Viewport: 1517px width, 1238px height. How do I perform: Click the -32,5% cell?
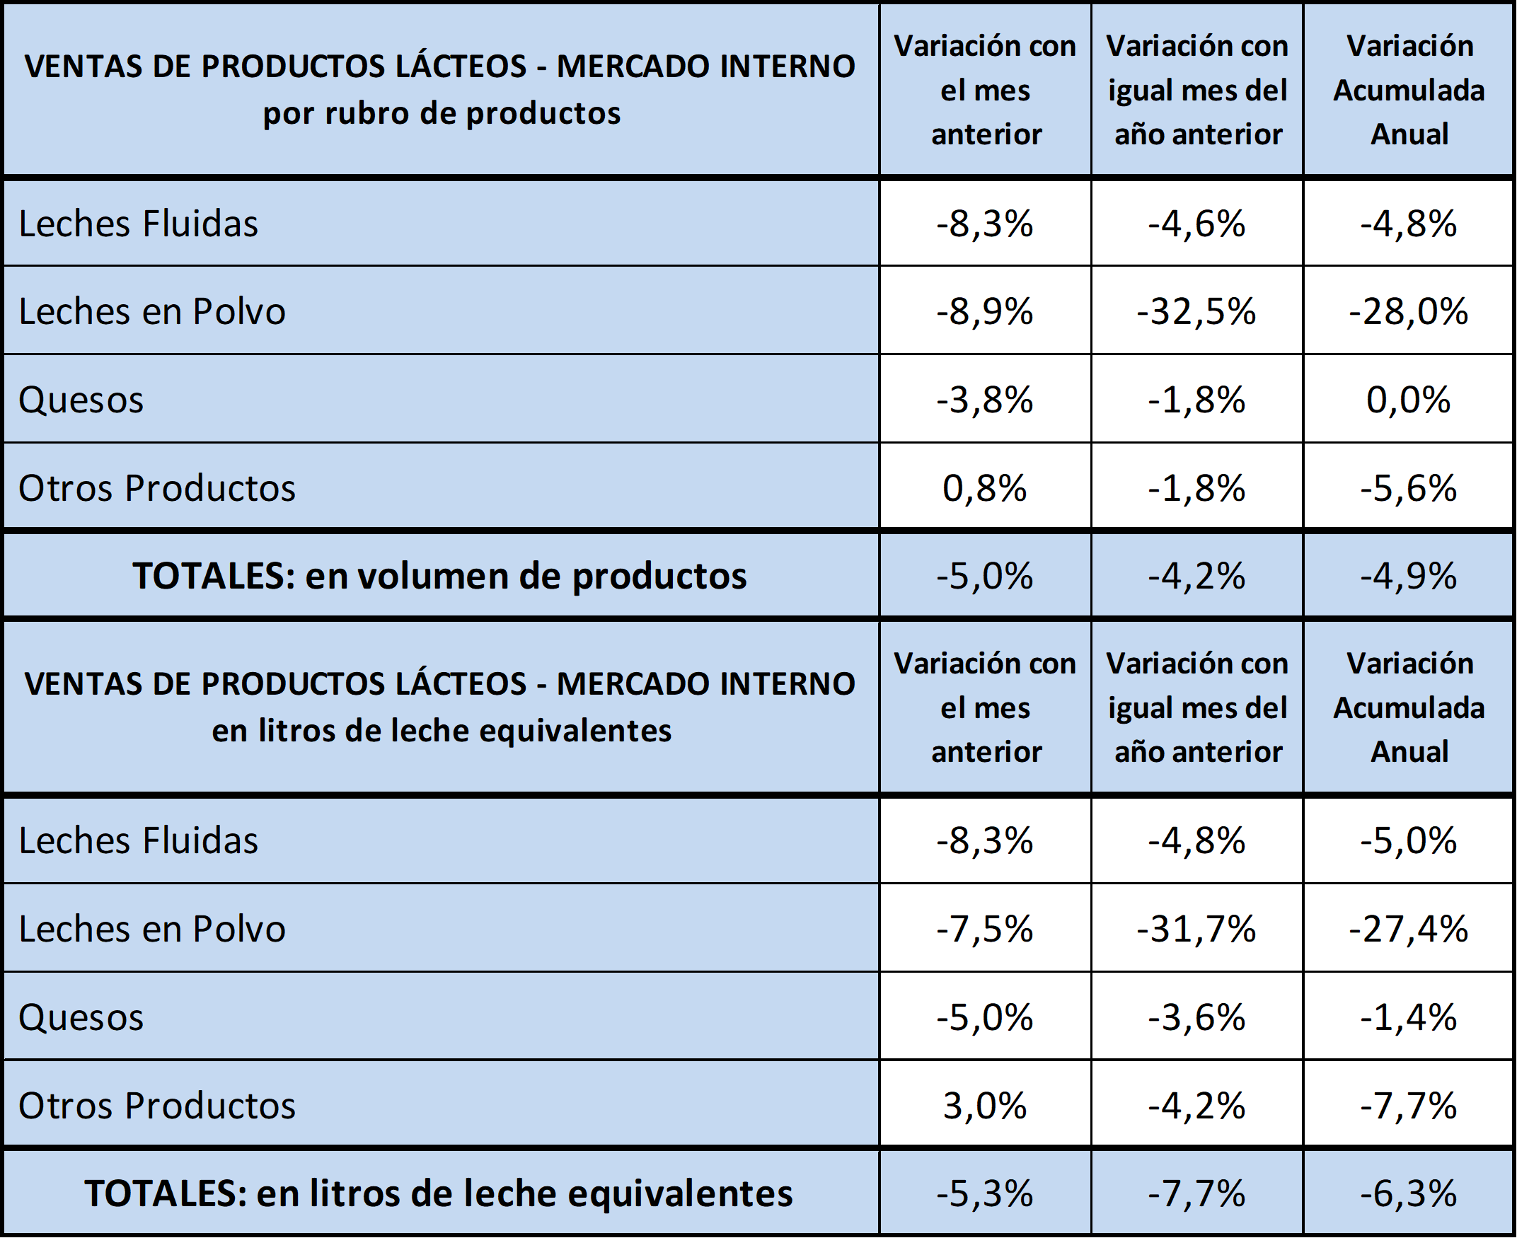pos(1196,312)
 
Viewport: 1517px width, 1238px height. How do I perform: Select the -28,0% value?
pos(1409,312)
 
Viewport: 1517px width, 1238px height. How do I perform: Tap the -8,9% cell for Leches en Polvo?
pos(985,312)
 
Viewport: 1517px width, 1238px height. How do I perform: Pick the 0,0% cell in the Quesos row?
pos(1409,400)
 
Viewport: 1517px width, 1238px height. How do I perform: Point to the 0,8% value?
pos(985,489)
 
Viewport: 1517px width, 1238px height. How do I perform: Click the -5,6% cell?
pos(1409,489)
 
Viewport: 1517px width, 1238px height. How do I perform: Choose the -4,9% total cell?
pos(1409,577)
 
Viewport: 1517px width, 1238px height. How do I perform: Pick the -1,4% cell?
pos(1409,1018)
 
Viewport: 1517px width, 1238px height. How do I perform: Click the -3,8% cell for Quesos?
pos(985,400)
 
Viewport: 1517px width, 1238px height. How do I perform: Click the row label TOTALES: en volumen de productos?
pos(440,577)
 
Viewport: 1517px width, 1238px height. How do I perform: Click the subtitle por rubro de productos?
pos(442,113)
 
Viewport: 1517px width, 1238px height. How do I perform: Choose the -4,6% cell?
pos(1196,224)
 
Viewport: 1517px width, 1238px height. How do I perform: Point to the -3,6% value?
pos(1196,1018)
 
